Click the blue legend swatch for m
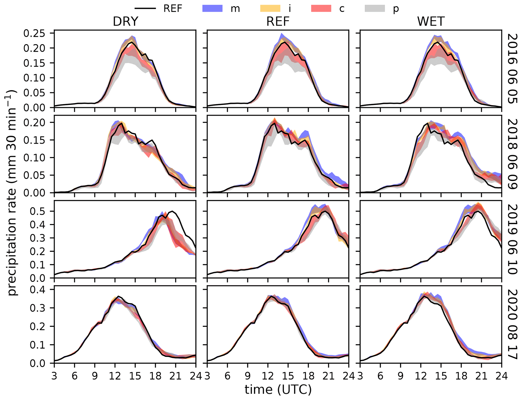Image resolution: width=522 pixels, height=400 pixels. click(212, 8)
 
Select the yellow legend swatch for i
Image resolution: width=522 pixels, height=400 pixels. click(270, 8)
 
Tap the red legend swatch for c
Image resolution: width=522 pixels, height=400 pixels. click(321, 8)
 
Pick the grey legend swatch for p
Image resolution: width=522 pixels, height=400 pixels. click(375, 8)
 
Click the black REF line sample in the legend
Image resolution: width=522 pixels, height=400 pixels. click(145, 8)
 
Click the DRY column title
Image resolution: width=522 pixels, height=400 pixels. click(126, 21)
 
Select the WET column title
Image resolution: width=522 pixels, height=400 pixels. click(431, 21)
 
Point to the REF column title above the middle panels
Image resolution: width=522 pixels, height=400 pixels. click(278, 21)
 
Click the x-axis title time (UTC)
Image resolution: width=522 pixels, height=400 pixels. click(278, 389)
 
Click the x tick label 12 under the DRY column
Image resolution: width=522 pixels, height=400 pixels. click(115, 376)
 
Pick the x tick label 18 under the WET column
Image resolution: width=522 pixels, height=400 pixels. click(461, 376)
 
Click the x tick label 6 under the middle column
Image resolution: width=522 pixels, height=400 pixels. click(228, 376)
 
